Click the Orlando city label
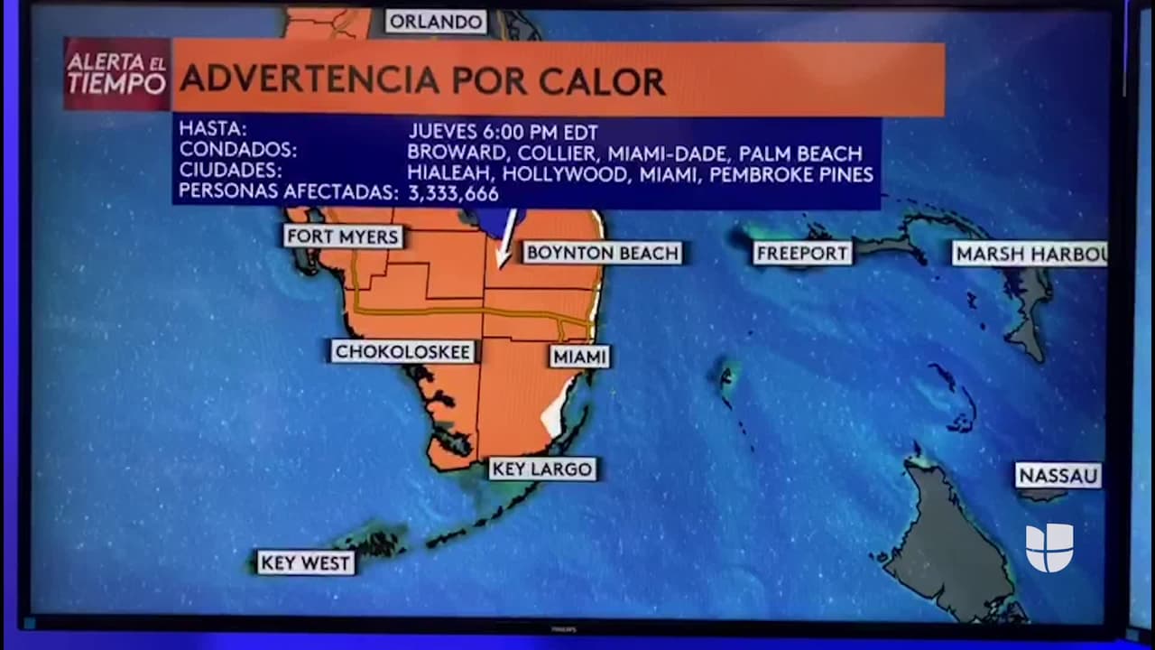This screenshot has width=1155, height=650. pos(436,22)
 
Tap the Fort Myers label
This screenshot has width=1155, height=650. pos(343,237)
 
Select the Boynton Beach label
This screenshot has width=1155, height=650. pos(602,253)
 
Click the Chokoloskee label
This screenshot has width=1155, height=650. pos(402,352)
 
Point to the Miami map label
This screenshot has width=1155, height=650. pos(579,357)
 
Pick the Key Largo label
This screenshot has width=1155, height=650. pos(542,469)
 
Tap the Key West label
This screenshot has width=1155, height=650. pos(305,563)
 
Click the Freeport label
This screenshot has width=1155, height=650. pos(802,254)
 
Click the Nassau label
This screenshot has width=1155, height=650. pos(1058,476)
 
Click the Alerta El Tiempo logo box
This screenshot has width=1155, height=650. pos(117,74)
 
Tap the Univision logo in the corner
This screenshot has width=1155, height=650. pos(1049,547)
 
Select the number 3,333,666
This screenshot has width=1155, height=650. pos(453,193)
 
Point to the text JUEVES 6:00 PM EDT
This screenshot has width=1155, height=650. pos(503,131)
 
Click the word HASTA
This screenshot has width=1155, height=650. pos(213,129)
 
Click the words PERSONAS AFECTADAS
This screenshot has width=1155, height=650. pos(288,191)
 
